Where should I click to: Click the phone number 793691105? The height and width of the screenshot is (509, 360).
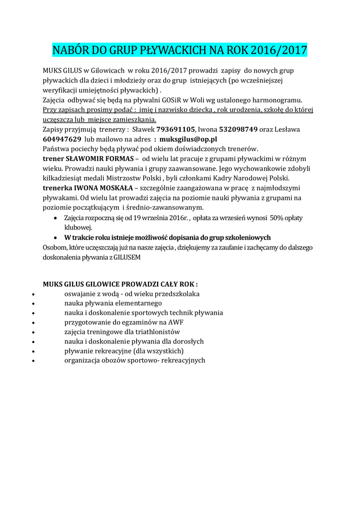[176, 129]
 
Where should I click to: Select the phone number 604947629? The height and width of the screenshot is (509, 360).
[62, 139]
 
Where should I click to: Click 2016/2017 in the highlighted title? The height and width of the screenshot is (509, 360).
[279, 50]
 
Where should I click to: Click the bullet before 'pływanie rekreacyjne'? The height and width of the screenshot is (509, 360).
[33, 351]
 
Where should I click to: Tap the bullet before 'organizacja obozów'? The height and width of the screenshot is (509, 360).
[33, 360]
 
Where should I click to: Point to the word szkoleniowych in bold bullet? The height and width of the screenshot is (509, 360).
[246, 237]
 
